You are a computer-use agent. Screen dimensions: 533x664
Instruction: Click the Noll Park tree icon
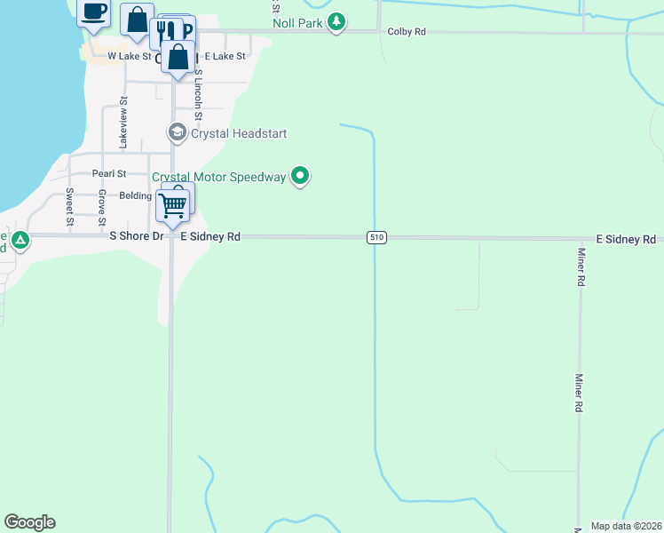336,22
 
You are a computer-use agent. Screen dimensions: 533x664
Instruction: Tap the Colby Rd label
407,32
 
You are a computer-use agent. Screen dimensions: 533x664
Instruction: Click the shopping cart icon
173,206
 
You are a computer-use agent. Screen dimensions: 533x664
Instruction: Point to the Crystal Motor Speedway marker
300,177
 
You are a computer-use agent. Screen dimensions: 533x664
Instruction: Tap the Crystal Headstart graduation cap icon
177,133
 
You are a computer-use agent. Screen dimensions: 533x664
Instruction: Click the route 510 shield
377,238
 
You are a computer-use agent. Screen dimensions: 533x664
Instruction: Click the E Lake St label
225,56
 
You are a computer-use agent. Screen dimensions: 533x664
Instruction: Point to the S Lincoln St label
198,95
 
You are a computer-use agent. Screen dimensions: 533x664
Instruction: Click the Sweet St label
69,206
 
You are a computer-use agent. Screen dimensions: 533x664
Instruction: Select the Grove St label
102,206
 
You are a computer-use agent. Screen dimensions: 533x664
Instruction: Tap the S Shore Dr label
137,237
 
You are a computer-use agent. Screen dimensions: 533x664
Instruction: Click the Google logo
29,522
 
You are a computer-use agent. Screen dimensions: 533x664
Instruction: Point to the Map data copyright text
625,526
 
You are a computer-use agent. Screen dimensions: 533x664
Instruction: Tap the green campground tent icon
19,239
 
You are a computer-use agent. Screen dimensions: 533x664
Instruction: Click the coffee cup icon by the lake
94,12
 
